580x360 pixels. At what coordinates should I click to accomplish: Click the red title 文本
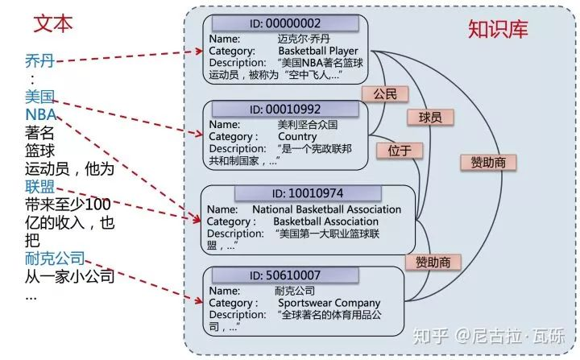[53, 23]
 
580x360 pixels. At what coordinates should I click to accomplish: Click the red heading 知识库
[498, 29]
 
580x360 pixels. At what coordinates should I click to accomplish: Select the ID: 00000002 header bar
[285, 23]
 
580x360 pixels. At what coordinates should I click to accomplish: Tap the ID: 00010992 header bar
[285, 110]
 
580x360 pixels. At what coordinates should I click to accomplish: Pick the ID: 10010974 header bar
[308, 193]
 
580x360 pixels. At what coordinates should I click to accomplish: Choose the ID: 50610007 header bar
[285, 275]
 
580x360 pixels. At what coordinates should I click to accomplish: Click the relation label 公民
[385, 94]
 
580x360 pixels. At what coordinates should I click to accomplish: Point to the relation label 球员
[430, 118]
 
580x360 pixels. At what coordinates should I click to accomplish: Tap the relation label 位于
[400, 151]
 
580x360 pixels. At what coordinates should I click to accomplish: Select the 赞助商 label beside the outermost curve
[488, 163]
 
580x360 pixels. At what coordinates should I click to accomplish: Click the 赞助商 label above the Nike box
[433, 262]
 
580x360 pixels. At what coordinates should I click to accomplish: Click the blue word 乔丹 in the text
[40, 60]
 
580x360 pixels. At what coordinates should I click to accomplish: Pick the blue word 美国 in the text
[40, 97]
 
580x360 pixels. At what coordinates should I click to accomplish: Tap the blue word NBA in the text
[41, 114]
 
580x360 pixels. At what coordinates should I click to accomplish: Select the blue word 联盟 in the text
[40, 187]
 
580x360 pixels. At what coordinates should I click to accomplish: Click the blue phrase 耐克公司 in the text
[55, 259]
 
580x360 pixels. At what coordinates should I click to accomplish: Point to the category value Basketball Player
[318, 51]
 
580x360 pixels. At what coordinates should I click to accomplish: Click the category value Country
[297, 137]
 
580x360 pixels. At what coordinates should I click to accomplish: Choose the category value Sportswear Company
[329, 303]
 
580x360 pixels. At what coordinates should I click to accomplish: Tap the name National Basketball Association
[326, 209]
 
